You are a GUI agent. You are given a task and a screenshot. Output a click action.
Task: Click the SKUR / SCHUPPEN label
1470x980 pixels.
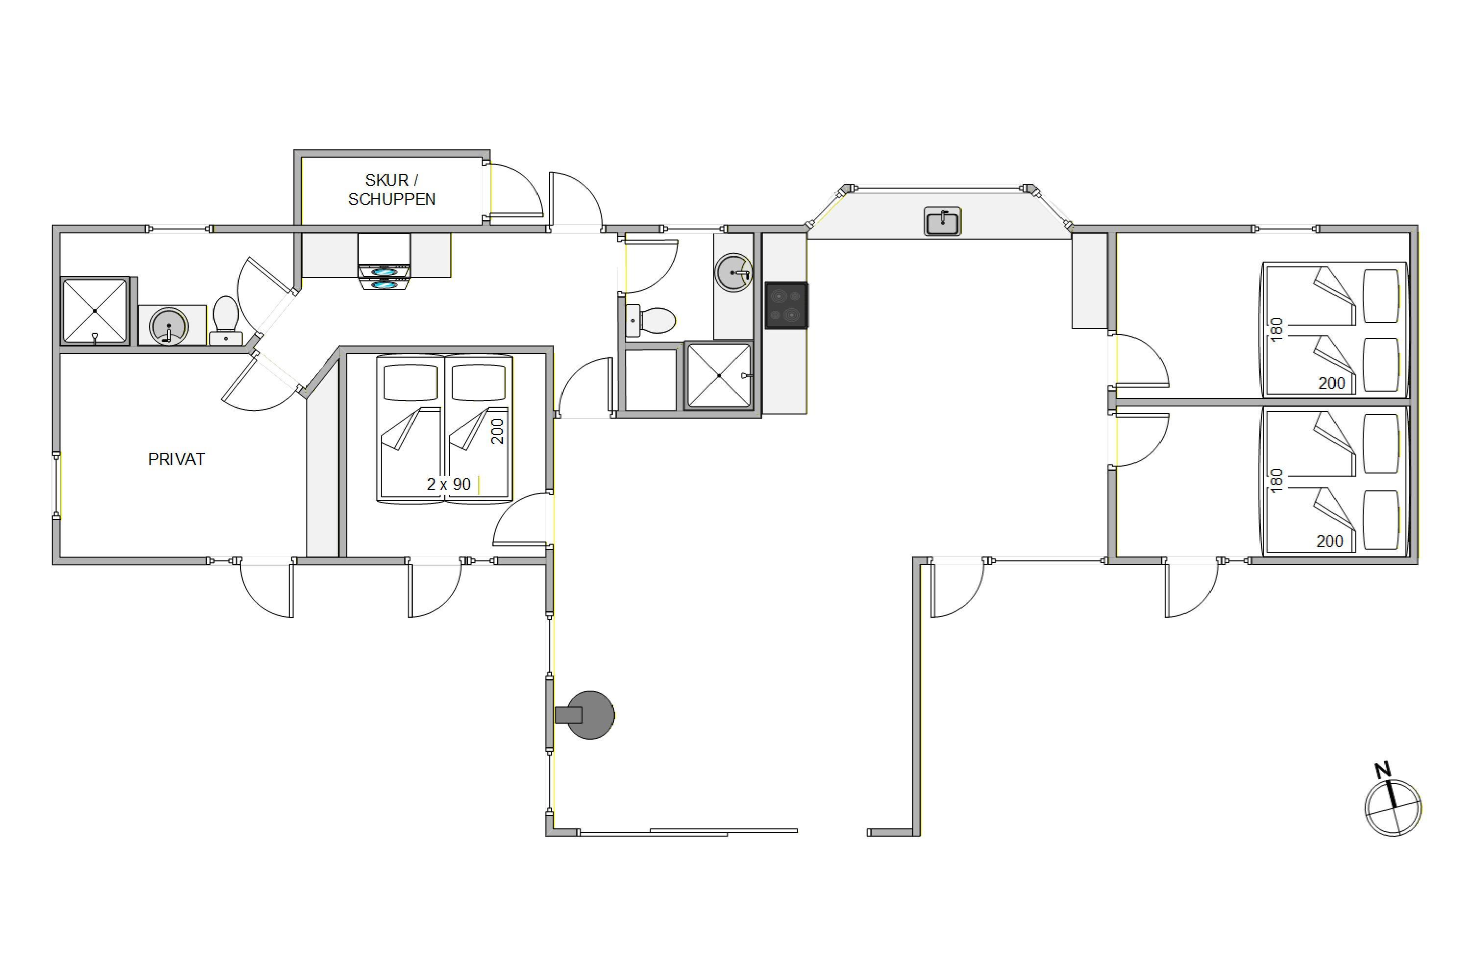pos(391,189)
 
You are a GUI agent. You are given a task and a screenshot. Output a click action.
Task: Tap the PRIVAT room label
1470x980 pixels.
pos(176,460)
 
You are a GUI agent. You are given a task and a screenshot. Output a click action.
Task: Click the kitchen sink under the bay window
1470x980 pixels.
pos(942,221)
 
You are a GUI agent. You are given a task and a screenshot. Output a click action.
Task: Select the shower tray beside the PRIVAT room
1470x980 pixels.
pos(95,311)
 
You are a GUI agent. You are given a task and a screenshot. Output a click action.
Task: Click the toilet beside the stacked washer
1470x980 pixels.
pos(225,320)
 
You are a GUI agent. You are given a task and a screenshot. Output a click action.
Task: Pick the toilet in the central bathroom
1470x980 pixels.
pos(651,320)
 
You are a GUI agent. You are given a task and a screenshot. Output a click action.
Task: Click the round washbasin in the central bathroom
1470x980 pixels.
pos(733,272)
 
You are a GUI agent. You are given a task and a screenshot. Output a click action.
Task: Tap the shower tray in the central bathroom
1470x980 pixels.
pos(719,375)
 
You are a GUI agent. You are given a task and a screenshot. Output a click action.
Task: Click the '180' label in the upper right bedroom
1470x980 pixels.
pos(1277,329)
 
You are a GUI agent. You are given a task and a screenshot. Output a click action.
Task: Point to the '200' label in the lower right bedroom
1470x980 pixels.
pos(1329,541)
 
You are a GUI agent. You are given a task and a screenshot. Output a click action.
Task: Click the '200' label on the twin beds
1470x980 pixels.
pos(497,431)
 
